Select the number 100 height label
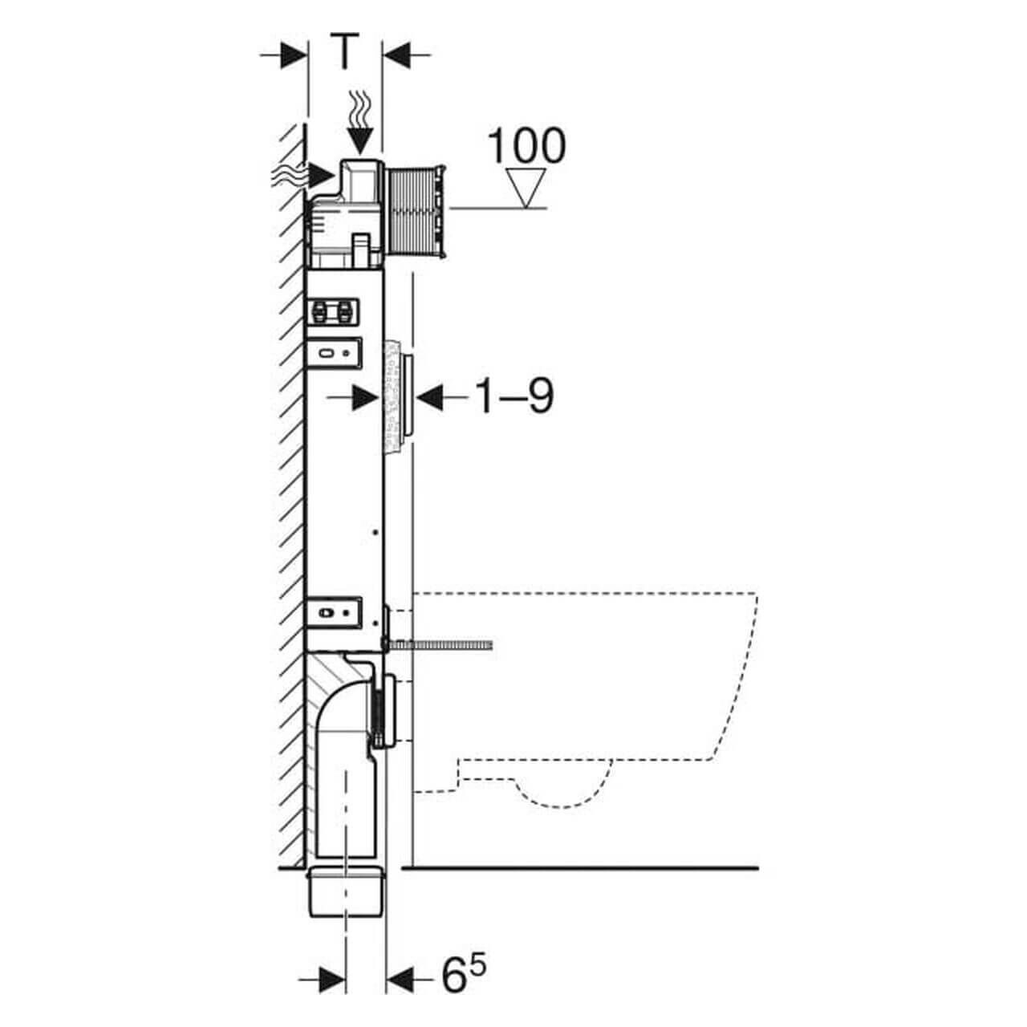(x=526, y=146)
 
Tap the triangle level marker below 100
(x=527, y=187)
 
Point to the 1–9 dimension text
(x=514, y=396)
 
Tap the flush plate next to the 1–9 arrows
(x=409, y=396)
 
